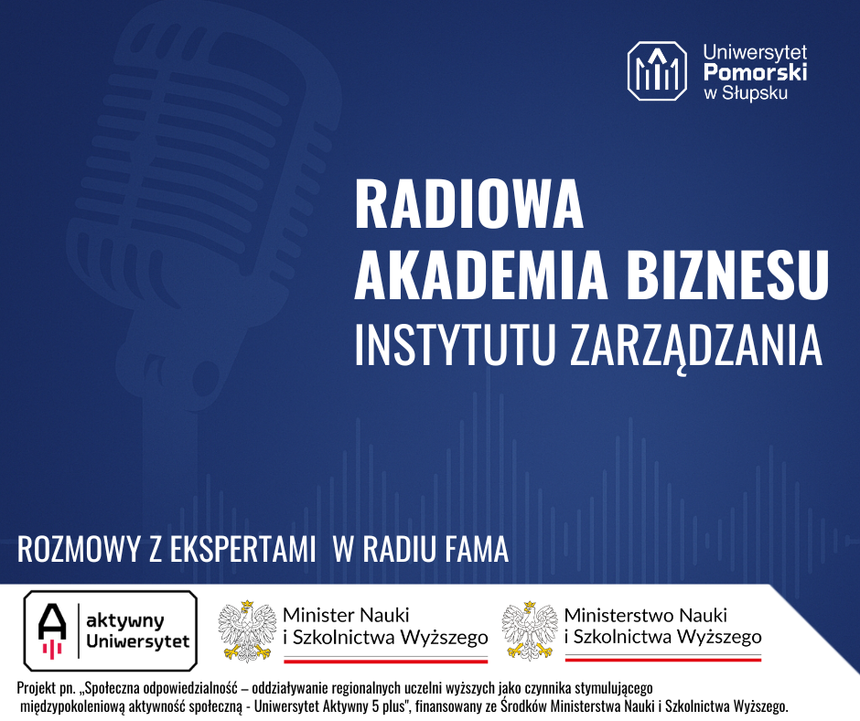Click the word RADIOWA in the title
tap(469, 203)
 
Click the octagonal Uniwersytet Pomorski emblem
tap(657, 70)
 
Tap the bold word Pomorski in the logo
tap(755, 72)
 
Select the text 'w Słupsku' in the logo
tap(746, 92)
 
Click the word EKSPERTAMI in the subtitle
tap(243, 549)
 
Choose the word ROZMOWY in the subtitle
tap(81, 549)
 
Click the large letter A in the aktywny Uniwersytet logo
tap(52, 621)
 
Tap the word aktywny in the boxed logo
tap(125, 621)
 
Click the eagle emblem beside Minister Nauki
tap(247, 630)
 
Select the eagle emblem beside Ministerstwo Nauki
tap(530, 630)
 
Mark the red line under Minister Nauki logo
tap(385, 662)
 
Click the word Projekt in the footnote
tap(37, 687)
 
